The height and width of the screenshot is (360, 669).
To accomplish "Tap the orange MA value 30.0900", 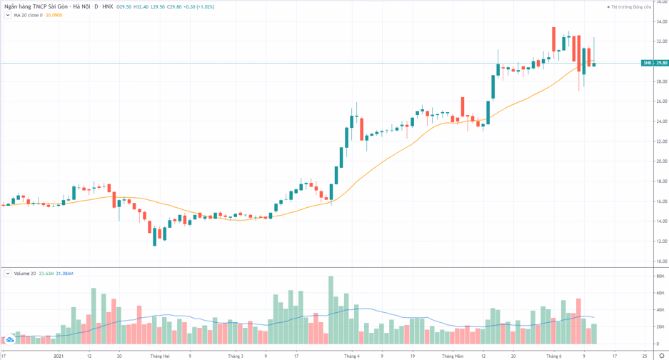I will pyautogui.click(x=54, y=15).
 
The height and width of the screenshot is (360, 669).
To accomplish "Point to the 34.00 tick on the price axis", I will pyautogui.click(x=662, y=21).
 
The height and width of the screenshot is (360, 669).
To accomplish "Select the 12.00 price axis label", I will pyautogui.click(x=662, y=241).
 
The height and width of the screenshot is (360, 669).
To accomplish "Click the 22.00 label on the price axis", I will pyautogui.click(x=662, y=141).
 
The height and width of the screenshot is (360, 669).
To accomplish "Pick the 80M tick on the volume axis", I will pyautogui.click(x=660, y=276).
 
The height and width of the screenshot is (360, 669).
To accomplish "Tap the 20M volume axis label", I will pyautogui.click(x=660, y=326).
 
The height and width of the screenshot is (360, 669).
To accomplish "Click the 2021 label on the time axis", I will pyautogui.click(x=59, y=355).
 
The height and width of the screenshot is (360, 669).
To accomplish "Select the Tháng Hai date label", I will pyautogui.click(x=160, y=355).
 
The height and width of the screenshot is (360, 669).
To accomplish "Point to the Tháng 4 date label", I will pyautogui.click(x=351, y=355).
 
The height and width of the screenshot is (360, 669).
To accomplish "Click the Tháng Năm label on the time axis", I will pyautogui.click(x=453, y=355).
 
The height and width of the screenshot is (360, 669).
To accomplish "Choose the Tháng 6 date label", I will pyautogui.click(x=553, y=355).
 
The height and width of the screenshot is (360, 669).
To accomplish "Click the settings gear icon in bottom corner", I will pyautogui.click(x=661, y=355).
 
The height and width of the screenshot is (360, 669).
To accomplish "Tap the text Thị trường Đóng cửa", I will pyautogui.click(x=631, y=7).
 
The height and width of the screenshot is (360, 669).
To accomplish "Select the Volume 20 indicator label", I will pyautogui.click(x=24, y=274).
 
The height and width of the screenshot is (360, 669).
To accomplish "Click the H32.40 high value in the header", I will pyautogui.click(x=141, y=6).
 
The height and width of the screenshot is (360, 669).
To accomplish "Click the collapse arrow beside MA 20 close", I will pyautogui.click(x=8, y=15).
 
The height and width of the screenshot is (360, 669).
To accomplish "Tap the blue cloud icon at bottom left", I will pyautogui.click(x=10, y=339).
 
